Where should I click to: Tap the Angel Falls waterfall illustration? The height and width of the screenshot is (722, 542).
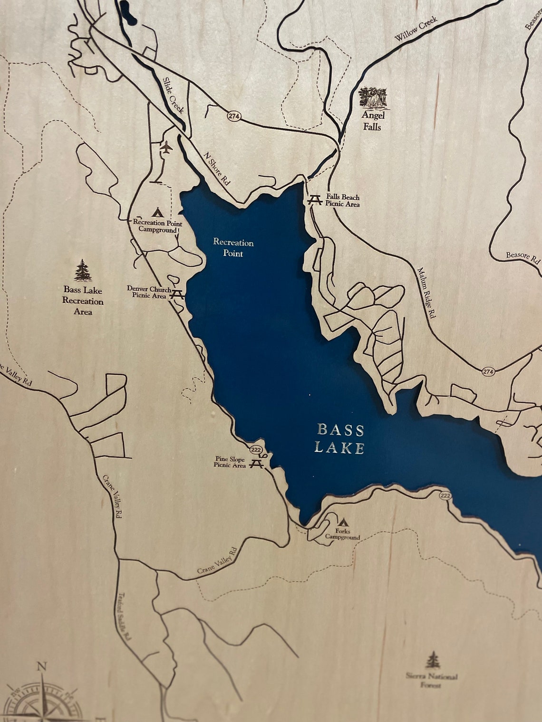[x=373, y=97]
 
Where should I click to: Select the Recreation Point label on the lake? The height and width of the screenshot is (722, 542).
[x=233, y=247]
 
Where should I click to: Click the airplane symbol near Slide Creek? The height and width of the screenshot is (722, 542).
[x=166, y=148]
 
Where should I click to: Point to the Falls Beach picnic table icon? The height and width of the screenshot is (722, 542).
[x=314, y=200]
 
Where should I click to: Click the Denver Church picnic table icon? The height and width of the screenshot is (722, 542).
[x=177, y=294]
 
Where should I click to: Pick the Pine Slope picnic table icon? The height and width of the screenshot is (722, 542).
[x=257, y=463]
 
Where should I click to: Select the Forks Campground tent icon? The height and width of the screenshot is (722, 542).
[x=343, y=522]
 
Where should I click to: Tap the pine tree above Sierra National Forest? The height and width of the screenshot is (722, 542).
[x=432, y=660]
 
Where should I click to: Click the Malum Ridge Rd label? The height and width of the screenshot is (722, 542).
[x=426, y=292]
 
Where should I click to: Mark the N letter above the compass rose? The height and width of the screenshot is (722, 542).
[x=42, y=666]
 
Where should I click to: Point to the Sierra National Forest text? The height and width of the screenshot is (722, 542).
[x=432, y=680]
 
